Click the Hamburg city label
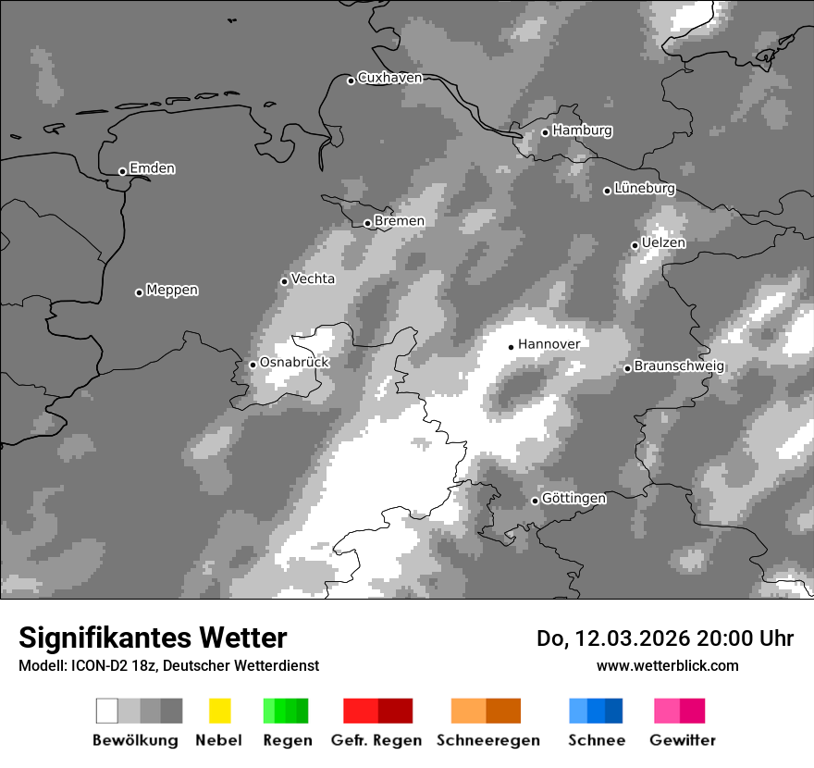tap(582, 130)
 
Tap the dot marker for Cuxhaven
tap(351, 81)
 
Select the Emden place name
tap(152, 168)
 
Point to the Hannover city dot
tap(511, 347)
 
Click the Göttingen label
tap(573, 499)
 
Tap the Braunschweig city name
tap(679, 366)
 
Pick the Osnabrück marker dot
tap(253, 365)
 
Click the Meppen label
tap(172, 291)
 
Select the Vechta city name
tap(313, 279)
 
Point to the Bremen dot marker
tap(367, 223)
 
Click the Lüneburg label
tap(645, 189)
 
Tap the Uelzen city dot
tap(635, 245)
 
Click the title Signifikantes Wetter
tap(153, 638)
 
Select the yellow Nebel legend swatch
tap(219, 711)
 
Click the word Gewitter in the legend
tap(683, 740)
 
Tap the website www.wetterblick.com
tap(667, 665)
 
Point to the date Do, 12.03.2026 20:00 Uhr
tap(665, 638)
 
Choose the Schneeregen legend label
tap(487, 740)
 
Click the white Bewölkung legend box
tap(106, 711)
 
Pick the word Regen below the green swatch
tap(287, 740)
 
